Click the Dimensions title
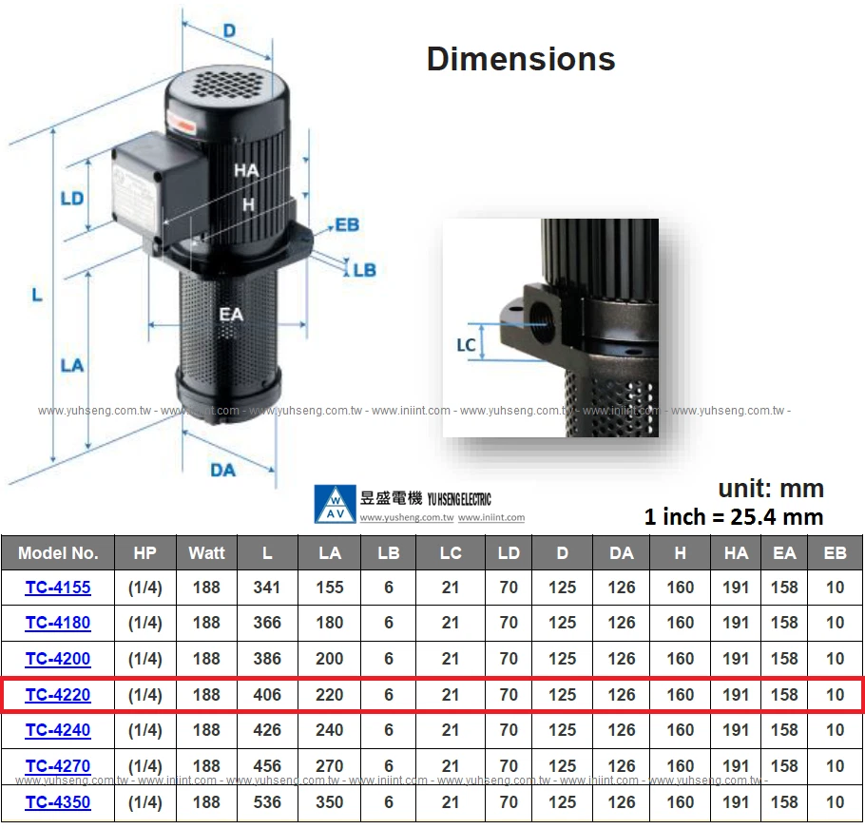pos(520,59)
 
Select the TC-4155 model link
pos(58,588)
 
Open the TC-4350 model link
pos(58,802)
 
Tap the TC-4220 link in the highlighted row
pos(58,695)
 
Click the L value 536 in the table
pos(267,802)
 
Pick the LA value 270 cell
pos(330,766)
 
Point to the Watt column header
pos(206,553)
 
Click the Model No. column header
pos(58,553)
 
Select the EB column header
pos(835,553)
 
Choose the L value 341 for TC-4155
pos(267,588)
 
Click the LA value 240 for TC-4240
pos(330,730)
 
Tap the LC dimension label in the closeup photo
pos(466,345)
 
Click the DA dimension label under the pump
pos(222,470)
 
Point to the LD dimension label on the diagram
pos(72,200)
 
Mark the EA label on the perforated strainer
pos(231,314)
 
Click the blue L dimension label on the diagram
pos(37,295)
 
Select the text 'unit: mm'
pos(770,489)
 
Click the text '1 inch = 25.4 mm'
pos(733,517)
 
